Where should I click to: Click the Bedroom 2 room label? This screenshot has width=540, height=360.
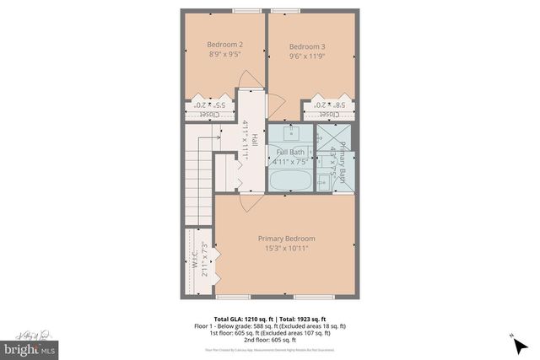click(224, 45)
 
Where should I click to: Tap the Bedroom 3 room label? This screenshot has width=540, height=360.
click(306, 46)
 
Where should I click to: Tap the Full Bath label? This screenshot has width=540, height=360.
click(291, 152)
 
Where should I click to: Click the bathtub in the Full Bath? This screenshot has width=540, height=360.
click(290, 180)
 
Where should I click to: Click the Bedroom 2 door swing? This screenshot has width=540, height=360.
click(247, 78)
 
